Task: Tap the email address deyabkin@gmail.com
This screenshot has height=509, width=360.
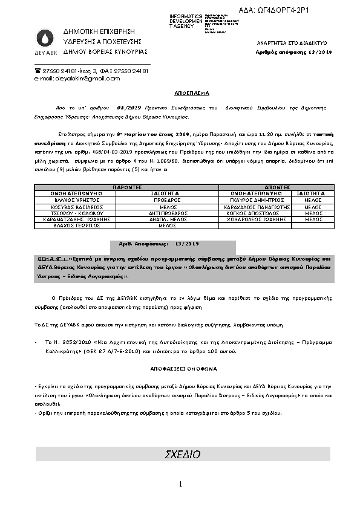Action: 77,79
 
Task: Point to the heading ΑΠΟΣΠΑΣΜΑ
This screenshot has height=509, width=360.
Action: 180,94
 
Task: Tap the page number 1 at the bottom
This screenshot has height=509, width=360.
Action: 180,484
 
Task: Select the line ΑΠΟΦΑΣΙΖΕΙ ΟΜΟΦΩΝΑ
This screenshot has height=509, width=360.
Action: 180,368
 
